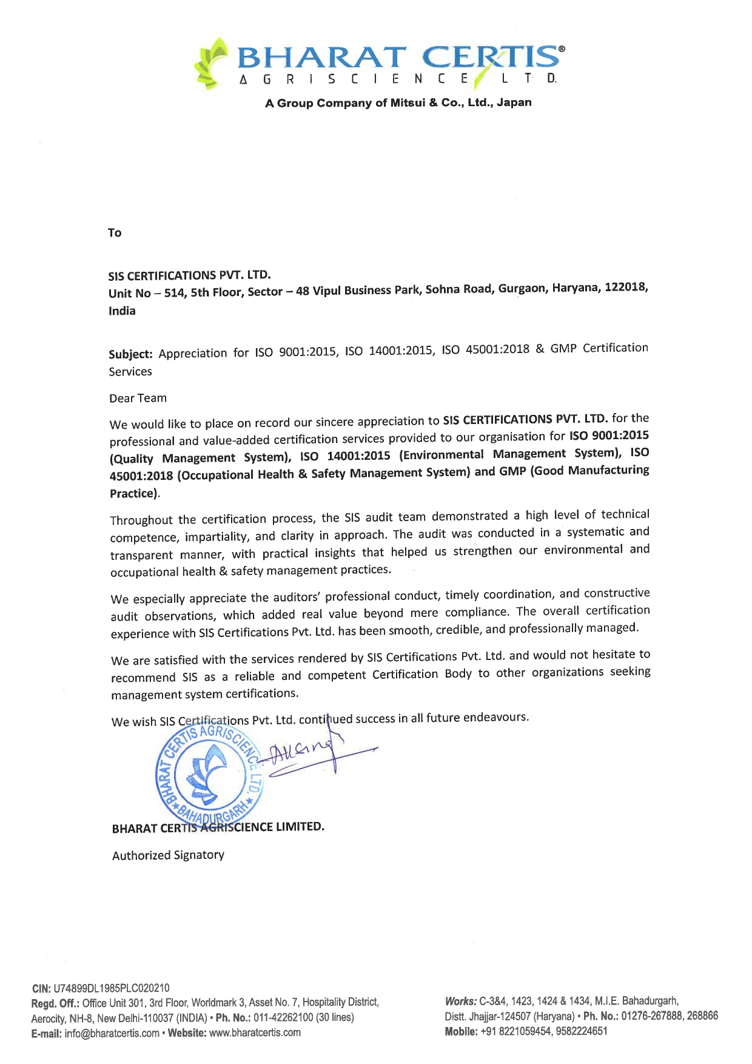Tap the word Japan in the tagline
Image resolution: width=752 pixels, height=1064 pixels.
[514, 102]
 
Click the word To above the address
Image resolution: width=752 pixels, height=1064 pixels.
[115, 233]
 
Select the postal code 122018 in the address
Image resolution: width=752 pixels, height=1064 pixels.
[625, 288]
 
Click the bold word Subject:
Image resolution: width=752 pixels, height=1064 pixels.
[130, 354]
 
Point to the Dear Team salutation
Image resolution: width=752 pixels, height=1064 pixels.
[138, 399]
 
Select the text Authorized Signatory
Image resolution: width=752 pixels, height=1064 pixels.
[168, 855]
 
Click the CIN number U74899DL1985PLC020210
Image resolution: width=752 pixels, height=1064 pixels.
[112, 988]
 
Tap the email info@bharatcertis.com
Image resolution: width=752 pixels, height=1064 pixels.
[112, 1033]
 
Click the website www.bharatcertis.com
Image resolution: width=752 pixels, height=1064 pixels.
[255, 1032]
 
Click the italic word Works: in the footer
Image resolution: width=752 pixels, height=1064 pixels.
[460, 1001]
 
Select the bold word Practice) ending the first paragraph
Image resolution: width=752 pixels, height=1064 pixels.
[134, 494]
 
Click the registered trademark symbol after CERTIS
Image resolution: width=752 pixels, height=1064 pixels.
[562, 49]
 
